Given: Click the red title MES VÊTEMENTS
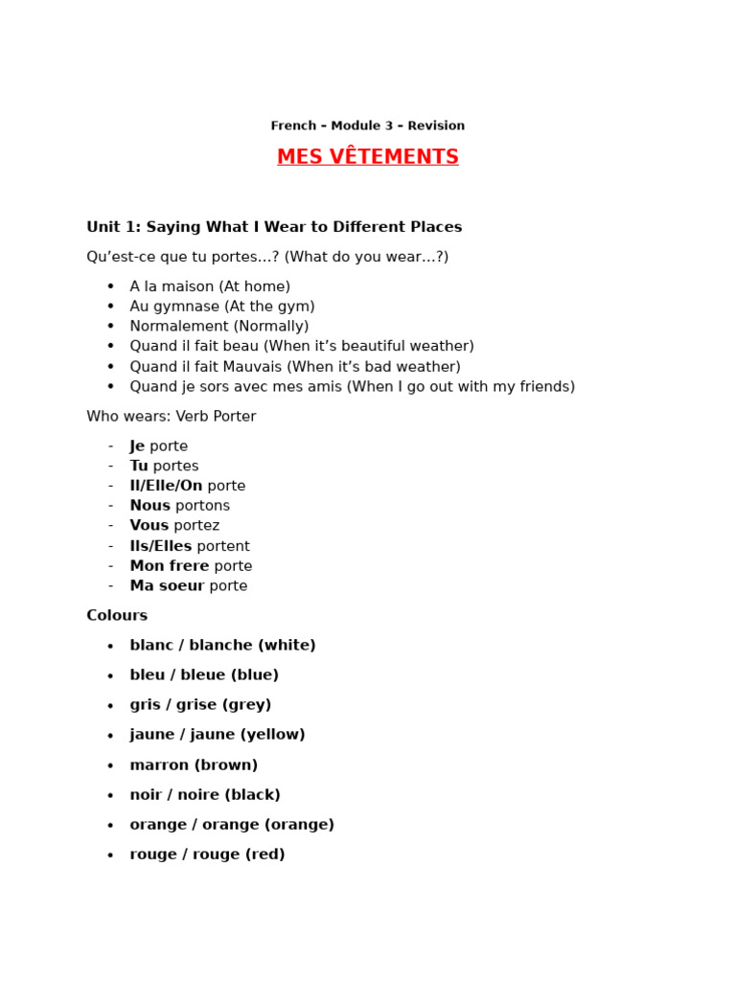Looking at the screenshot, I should pyautogui.click(x=368, y=157).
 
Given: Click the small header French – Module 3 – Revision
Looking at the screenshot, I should pyautogui.click(x=368, y=125).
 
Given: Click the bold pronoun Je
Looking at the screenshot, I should pyautogui.click(x=137, y=446).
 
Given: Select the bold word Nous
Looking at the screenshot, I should pyautogui.click(x=149, y=506).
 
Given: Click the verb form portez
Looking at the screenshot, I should pyautogui.click(x=196, y=526).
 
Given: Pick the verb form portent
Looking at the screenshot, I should pyautogui.click(x=223, y=546).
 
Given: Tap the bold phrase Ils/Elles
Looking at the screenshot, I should pyautogui.click(x=161, y=546).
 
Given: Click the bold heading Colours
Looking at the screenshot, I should pyautogui.click(x=117, y=616).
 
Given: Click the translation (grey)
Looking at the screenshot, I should pyautogui.click(x=246, y=705).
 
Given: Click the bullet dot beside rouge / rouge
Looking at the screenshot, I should pyautogui.click(x=110, y=856).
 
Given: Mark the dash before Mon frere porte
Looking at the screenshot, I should pyautogui.click(x=110, y=566).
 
